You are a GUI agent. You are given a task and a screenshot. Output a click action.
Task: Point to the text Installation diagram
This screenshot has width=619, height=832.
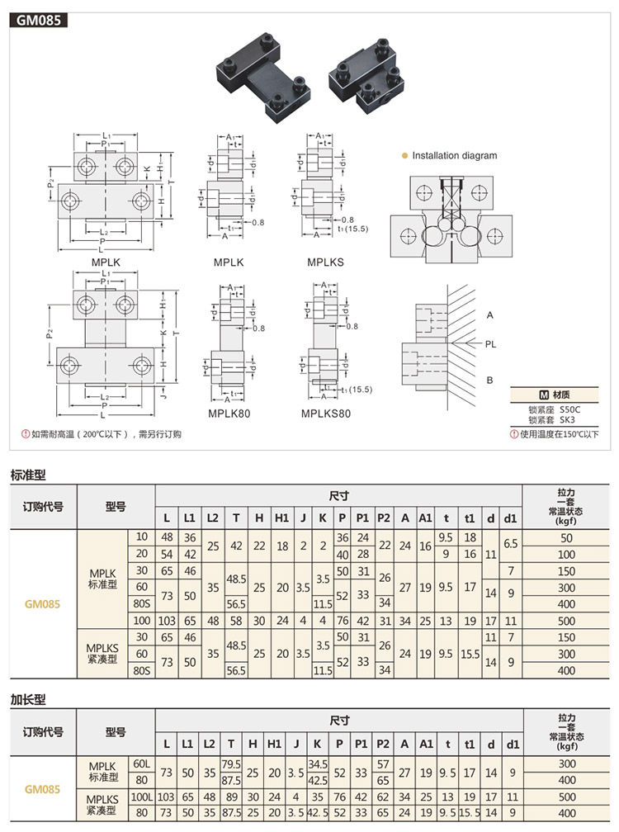coord(454,155)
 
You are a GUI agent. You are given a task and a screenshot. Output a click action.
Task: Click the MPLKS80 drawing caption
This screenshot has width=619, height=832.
coord(325,413)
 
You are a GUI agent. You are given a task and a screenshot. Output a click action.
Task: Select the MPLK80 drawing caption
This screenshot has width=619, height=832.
coord(229,413)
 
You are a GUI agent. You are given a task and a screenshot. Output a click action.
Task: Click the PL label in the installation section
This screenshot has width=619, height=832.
coord(491,344)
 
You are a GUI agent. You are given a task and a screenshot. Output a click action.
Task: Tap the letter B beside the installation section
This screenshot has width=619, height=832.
coord(490,380)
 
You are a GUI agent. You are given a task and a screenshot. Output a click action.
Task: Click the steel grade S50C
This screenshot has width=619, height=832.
coord(571,409)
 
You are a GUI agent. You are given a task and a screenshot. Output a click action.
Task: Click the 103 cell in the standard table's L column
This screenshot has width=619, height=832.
coord(167,620)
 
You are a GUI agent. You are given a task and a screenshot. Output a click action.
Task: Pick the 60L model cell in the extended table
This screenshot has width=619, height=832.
coord(142,764)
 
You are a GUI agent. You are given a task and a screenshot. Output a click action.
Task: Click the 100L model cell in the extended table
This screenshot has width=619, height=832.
coord(142,797)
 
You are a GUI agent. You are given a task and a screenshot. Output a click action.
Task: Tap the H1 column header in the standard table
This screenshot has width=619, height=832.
coord(281,517)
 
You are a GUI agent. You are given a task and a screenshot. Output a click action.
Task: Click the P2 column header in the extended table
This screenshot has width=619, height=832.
coord(383,743)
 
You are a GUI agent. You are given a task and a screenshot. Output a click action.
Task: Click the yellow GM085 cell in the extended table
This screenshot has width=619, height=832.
coord(43,789)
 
